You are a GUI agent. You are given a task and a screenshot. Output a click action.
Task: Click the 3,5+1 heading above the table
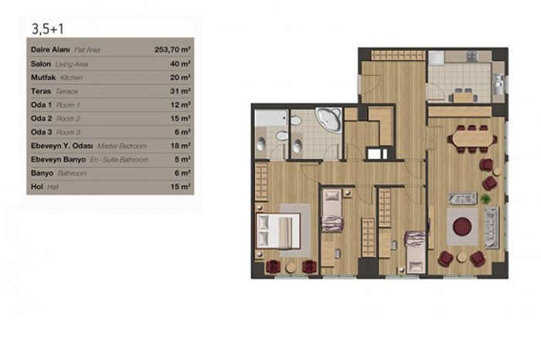[48, 29]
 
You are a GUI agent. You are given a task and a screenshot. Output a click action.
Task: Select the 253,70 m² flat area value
[172, 49]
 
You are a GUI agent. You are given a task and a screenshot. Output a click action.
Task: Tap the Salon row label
[41, 64]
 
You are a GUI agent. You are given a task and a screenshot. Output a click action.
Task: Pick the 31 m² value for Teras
[180, 91]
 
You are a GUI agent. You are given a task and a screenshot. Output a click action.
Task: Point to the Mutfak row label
[43, 77]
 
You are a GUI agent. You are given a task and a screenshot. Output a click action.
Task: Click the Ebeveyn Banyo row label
[58, 160]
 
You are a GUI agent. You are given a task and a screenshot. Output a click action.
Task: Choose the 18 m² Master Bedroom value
[180, 146]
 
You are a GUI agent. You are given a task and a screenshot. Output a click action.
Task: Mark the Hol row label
[37, 187]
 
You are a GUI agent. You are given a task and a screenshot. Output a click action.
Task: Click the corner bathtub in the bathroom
[328, 119]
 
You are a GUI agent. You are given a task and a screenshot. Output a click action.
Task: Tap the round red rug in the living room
[462, 226]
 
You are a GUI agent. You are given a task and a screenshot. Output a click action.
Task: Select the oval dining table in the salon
[472, 139]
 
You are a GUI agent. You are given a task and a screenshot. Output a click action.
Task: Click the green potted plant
[485, 199]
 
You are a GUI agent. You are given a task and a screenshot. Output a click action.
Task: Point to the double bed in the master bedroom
[278, 231]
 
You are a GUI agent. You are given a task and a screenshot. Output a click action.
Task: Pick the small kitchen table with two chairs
[463, 96]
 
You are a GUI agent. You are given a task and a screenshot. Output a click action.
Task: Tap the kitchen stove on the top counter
[471, 56]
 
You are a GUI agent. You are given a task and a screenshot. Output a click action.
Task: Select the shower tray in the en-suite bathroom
[270, 118]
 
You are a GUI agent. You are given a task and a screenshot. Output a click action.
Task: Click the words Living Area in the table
[72, 64]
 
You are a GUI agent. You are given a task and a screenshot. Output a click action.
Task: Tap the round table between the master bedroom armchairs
[291, 267]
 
